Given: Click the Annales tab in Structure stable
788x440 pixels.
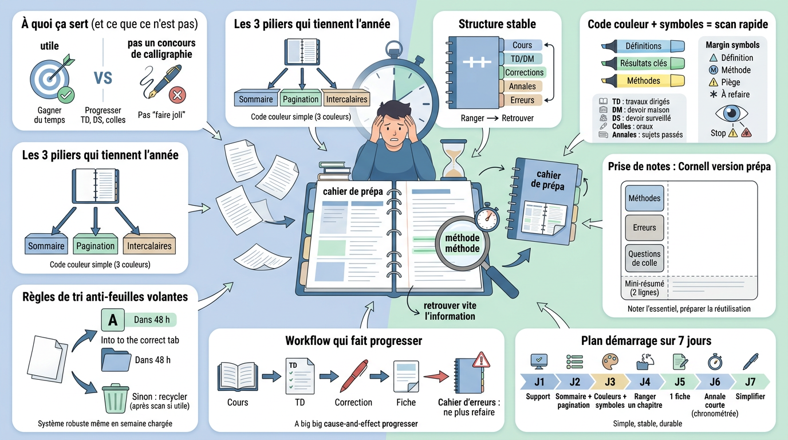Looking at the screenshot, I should coord(522,86).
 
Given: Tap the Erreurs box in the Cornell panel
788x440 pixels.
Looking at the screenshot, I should coord(644,227).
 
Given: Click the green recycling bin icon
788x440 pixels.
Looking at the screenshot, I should coord(116,398).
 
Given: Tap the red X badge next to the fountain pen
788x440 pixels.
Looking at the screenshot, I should coord(178,95).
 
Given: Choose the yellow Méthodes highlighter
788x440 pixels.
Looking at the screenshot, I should coord(643,81).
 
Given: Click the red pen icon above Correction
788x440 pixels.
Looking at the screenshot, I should coord(353,375).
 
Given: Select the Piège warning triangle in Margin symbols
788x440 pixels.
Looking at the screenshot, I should coord(714,82).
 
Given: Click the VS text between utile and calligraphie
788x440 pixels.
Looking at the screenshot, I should coord(103,78).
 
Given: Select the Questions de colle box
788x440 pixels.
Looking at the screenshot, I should coord(644,258).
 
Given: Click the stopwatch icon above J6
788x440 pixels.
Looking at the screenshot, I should coord(715,362).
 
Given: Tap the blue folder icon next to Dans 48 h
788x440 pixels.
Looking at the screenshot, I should coord(116,360).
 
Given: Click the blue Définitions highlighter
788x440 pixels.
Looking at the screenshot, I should coord(643,46).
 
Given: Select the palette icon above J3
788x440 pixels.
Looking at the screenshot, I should coord(610,362).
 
